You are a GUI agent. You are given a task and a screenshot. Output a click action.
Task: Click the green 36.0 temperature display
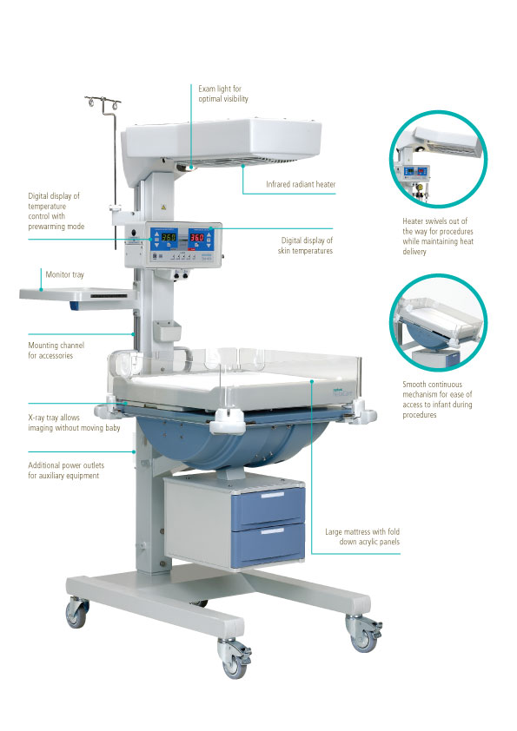[168, 237]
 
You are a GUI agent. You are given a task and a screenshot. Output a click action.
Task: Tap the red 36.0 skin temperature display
[196, 237]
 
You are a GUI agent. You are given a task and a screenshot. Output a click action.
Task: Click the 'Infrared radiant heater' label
[301, 184]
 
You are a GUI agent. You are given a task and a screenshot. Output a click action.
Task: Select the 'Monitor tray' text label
[65, 274]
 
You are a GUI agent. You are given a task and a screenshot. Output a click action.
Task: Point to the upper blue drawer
[268, 505]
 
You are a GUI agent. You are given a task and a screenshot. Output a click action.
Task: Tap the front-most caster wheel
[235, 658]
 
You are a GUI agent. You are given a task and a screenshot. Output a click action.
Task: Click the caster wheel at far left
[77, 612]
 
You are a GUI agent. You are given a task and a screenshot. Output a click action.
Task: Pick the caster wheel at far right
[364, 633]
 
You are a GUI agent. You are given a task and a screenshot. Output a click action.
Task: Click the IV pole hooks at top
[103, 102]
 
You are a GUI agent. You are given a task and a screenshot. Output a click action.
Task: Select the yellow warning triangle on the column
[163, 207]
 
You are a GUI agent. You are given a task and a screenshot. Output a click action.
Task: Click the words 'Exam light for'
[220, 89]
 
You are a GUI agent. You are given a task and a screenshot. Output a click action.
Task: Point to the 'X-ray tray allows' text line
[54, 418]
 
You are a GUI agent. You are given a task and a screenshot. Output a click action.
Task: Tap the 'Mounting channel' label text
[56, 345]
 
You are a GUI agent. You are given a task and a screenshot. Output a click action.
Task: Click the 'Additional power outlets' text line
[66, 464]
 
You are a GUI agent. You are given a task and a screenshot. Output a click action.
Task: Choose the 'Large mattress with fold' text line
[362, 531]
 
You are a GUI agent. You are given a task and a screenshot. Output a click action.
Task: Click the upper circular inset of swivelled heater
[438, 159]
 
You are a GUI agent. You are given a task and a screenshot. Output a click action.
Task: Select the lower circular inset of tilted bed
[438, 323]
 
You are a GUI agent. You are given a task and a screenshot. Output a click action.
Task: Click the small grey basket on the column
[167, 331]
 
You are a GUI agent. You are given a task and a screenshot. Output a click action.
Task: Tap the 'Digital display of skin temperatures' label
[305, 246]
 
